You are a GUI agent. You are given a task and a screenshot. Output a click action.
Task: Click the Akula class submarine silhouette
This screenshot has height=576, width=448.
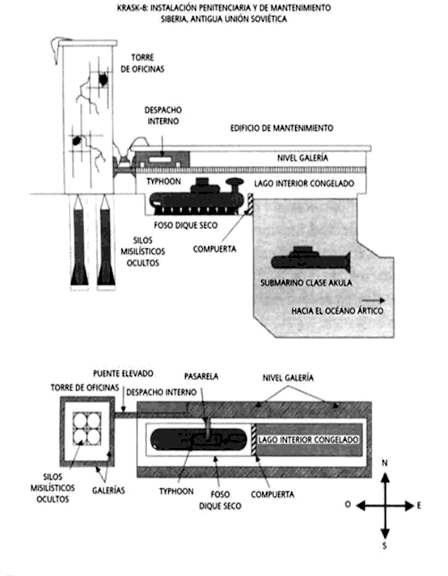(311, 260)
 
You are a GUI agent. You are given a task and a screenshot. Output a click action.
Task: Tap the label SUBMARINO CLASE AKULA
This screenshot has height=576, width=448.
(306, 283)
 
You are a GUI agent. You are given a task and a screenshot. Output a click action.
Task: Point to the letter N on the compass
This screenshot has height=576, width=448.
(384, 463)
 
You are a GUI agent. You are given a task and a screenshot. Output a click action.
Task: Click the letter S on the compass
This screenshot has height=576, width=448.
(384, 546)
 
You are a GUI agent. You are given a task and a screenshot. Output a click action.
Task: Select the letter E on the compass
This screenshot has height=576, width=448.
(419, 506)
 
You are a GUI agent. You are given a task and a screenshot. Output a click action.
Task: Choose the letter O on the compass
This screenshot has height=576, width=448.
(348, 505)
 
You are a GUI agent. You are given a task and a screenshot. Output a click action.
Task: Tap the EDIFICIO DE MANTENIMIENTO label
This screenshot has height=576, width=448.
(281, 128)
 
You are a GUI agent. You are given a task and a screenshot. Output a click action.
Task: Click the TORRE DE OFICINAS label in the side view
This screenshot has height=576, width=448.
(142, 63)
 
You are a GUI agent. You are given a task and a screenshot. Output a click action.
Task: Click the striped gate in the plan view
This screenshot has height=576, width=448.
(253, 439)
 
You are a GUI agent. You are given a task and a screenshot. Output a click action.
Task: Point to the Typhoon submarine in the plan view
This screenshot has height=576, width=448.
(199, 439)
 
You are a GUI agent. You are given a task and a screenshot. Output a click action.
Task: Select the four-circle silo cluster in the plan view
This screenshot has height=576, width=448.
(87, 429)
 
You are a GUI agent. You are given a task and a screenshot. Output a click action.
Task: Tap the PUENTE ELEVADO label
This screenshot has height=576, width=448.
(123, 374)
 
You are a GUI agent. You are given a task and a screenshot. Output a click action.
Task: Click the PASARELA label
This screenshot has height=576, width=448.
(201, 376)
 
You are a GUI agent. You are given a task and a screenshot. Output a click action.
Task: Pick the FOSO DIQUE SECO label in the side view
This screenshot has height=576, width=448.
(186, 225)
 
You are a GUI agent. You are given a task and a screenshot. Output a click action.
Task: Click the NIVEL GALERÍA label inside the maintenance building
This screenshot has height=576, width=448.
(302, 158)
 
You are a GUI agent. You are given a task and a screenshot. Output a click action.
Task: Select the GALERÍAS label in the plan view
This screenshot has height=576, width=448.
(108, 490)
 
